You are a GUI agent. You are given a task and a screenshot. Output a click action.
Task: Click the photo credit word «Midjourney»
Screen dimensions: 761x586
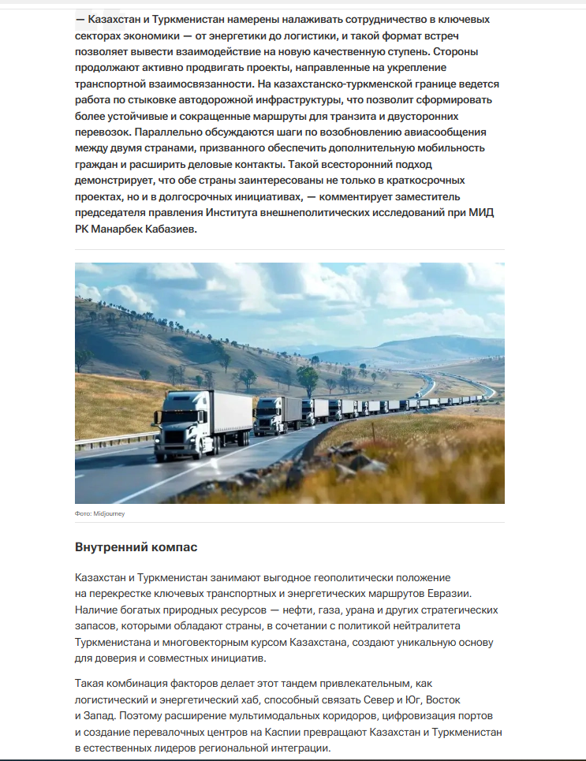click(110, 513)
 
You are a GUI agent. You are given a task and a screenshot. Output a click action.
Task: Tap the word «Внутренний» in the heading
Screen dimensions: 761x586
click(110, 547)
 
